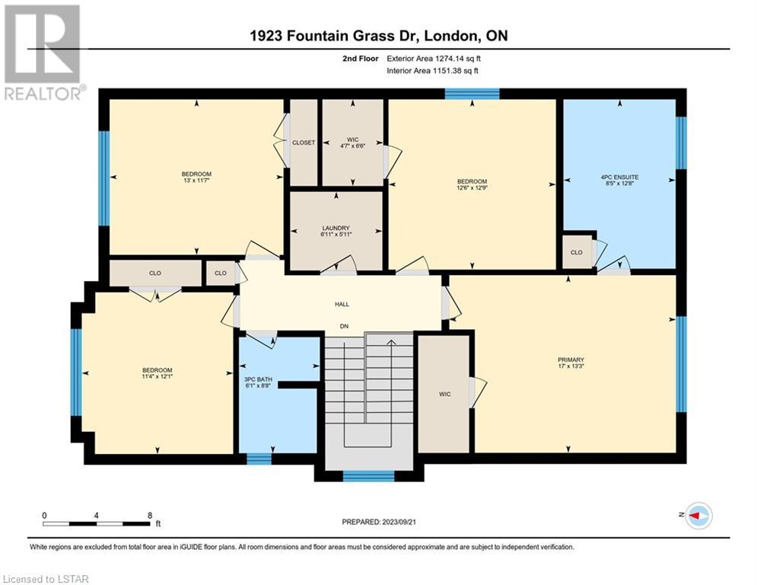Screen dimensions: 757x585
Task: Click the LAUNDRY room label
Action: [336, 229]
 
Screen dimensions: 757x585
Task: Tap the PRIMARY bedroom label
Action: [571, 360]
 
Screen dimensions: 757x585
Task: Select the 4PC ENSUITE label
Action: [619, 177]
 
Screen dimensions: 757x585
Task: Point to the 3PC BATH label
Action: [258, 379]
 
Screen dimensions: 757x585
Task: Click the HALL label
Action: [342, 304]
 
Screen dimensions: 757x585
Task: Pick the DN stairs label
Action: [344, 326]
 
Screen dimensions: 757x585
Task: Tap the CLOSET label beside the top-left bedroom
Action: [304, 142]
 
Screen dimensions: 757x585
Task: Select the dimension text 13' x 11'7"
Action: [196, 181]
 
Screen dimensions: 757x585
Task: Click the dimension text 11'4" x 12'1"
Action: [157, 376]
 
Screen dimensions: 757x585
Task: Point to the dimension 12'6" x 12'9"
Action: [472, 187]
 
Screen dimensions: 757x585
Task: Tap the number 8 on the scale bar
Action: [150, 516]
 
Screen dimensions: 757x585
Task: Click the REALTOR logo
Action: [43, 53]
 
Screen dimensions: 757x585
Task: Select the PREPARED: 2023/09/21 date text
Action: [379, 522]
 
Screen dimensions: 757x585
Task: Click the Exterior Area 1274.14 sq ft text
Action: [434, 59]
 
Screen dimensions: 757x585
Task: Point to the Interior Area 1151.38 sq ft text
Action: [433, 71]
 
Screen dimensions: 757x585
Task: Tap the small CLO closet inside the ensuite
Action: [577, 252]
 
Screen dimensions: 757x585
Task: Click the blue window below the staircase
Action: [369, 476]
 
